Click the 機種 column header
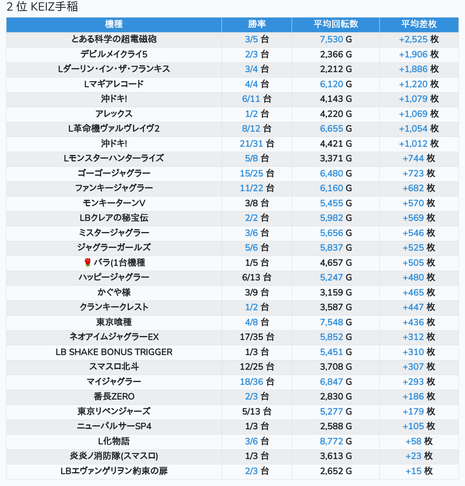click(x=114, y=24)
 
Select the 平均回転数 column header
click(x=336, y=24)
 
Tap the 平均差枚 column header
click(x=419, y=24)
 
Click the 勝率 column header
click(x=257, y=24)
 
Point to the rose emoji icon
click(x=87, y=263)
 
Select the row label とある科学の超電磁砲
click(x=114, y=39)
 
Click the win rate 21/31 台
click(x=257, y=144)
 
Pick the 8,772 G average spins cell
click(x=336, y=441)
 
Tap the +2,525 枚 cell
click(x=419, y=39)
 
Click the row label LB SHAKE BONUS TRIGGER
click(x=114, y=352)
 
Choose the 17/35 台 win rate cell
click(x=257, y=337)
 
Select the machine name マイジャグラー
click(x=114, y=382)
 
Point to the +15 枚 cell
click(x=419, y=471)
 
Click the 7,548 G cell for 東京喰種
click(x=336, y=322)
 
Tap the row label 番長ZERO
click(x=114, y=396)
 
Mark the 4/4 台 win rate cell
click(x=257, y=84)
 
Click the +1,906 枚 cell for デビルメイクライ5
click(x=419, y=54)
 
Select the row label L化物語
click(x=114, y=441)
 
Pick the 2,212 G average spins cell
click(x=336, y=69)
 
